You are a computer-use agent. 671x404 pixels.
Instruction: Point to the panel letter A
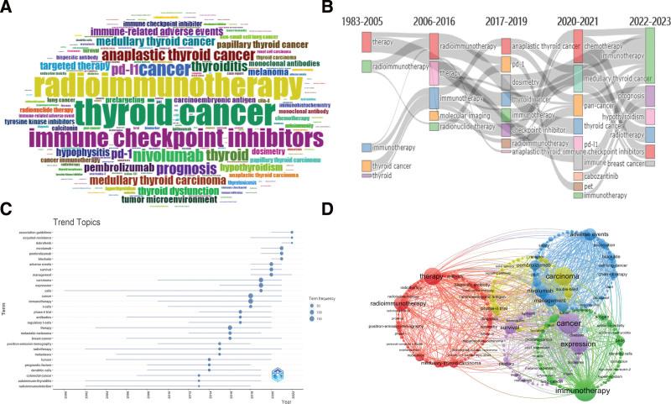(8, 8)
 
